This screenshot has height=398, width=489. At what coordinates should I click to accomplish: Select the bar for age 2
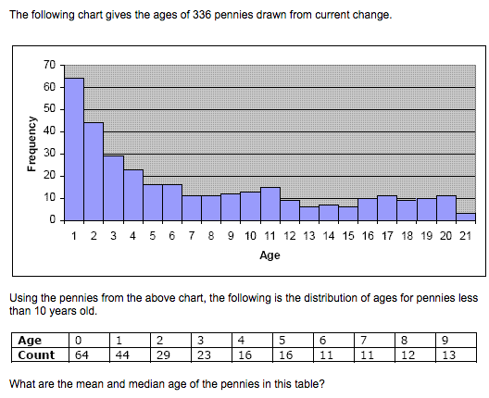[94, 172]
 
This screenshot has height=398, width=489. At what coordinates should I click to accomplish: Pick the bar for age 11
[270, 205]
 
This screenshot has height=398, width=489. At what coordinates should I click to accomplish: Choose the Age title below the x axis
[270, 254]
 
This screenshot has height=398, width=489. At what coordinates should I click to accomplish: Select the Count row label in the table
[36, 354]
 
